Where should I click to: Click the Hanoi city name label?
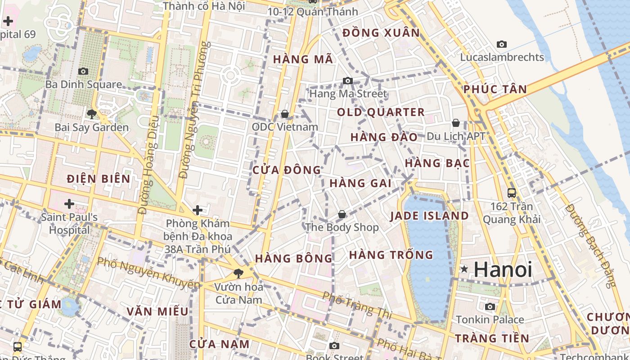click(503, 270)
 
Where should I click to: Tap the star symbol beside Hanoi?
click(464, 270)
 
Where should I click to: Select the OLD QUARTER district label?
click(381, 112)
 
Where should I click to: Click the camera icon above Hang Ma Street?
click(348, 81)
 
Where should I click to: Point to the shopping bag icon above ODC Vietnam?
click(284, 114)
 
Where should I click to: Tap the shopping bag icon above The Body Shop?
click(342, 214)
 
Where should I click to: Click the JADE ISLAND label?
click(429, 216)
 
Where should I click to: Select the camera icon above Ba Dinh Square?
click(83, 71)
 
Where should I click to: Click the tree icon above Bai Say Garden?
click(92, 114)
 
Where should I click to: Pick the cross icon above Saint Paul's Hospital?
click(69, 204)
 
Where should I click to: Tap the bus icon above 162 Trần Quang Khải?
click(512, 193)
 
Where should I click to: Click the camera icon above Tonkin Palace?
click(490, 307)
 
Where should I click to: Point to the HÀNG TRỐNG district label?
click(391, 255)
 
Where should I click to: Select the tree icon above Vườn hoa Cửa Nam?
click(238, 273)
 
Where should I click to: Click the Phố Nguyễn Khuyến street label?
click(148, 273)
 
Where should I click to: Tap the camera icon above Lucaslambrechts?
click(502, 44)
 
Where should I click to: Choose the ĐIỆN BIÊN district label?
click(99, 179)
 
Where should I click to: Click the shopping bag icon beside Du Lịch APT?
click(456, 123)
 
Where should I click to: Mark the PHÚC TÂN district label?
click(495, 89)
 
